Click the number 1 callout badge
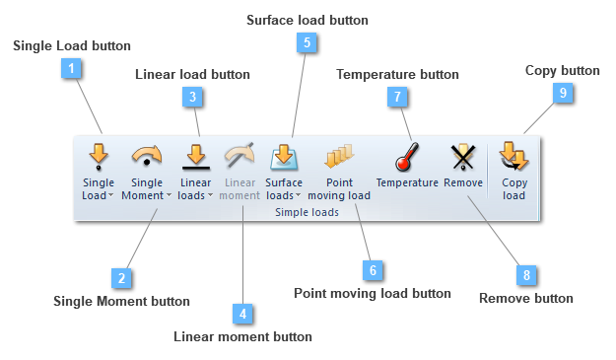(71, 69)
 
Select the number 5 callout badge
(307, 42)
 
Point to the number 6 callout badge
(372, 269)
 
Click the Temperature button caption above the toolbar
(397, 74)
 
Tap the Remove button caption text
(525, 297)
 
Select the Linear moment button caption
(242, 336)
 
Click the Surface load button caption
(307, 20)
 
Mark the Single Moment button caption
(121, 301)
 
